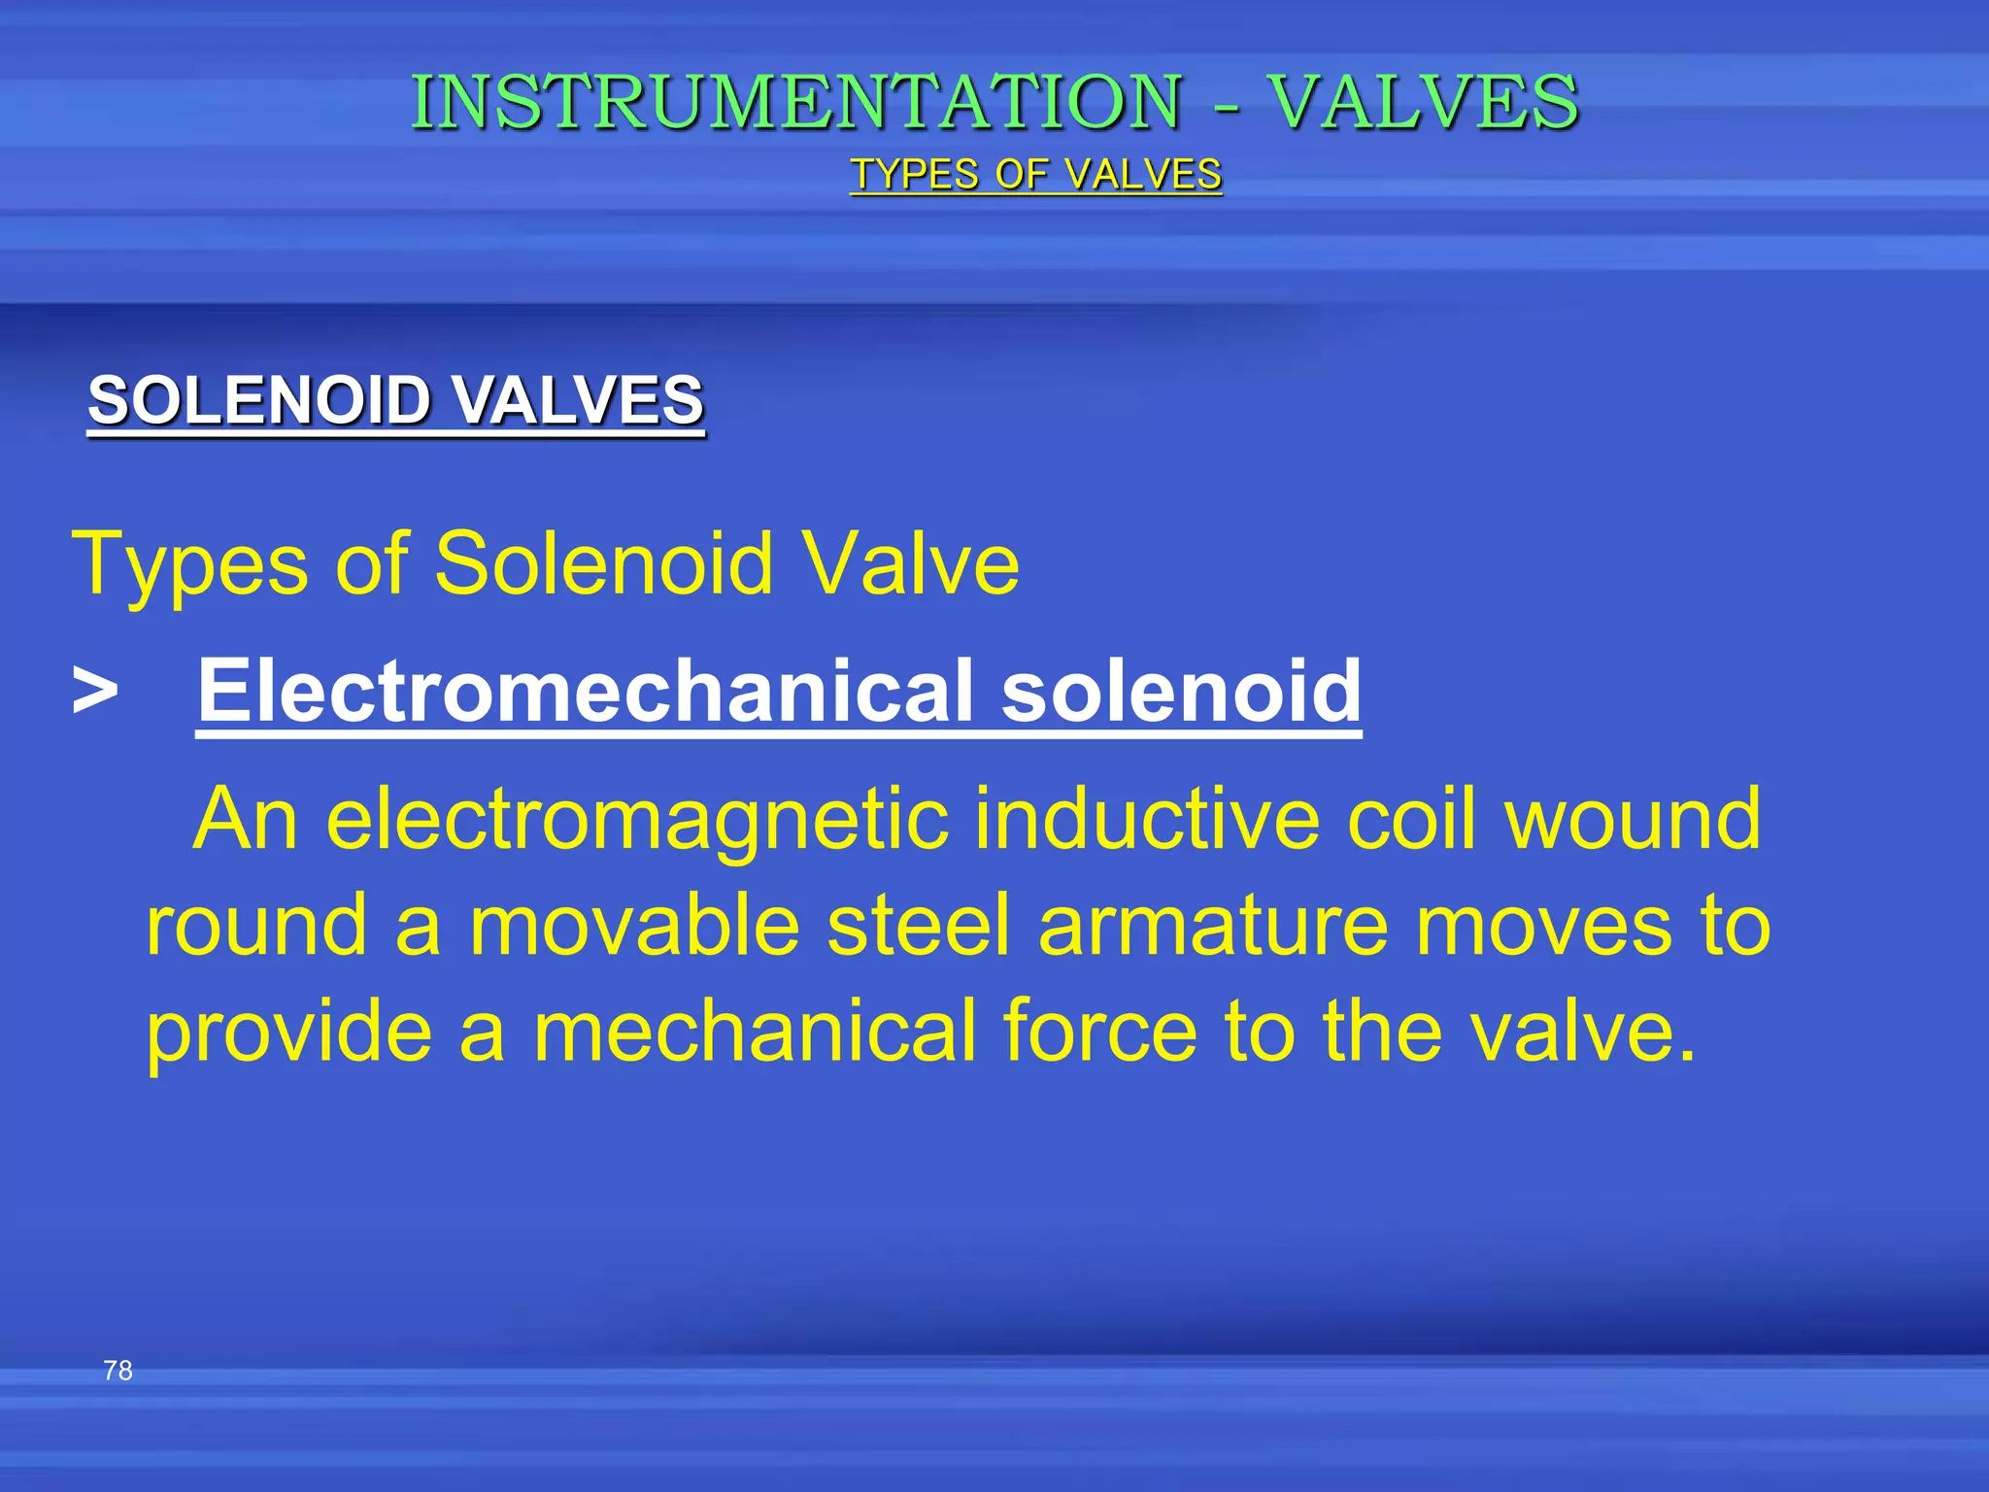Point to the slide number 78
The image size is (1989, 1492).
[118, 1371]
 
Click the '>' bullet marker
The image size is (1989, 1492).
[95, 692]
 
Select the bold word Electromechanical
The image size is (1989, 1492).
[587, 691]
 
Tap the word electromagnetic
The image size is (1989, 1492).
[637, 819]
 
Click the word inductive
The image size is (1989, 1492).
[1147, 819]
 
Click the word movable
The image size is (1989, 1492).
[635, 926]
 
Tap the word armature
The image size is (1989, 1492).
[1213, 926]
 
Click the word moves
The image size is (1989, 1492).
[1544, 926]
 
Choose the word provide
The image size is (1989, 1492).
[288, 1034]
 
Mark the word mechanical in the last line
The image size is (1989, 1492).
[755, 1032]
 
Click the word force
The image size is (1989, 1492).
[1099, 1032]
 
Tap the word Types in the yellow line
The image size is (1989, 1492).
[190, 565]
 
